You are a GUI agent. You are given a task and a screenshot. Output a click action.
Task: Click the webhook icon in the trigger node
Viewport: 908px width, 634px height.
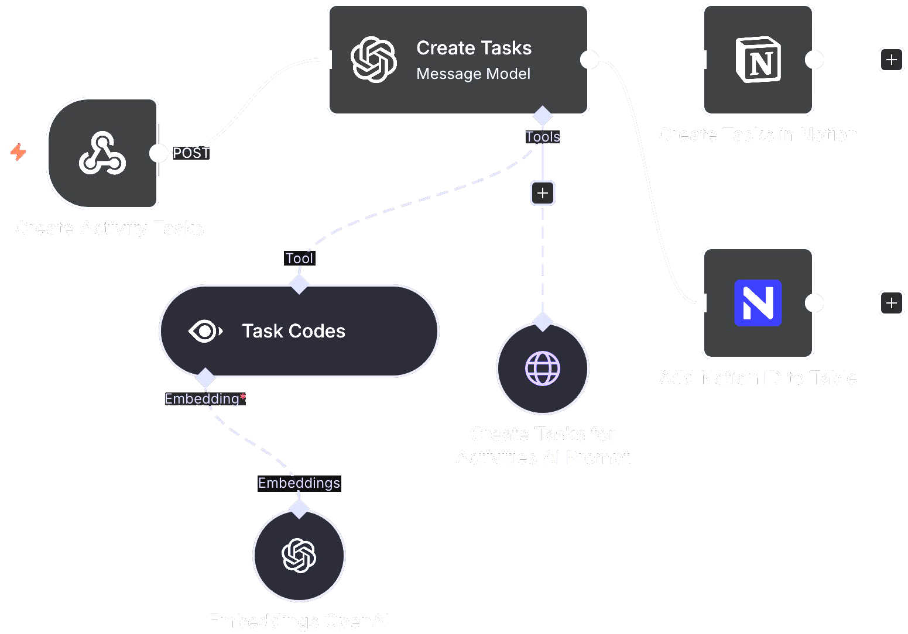(x=102, y=153)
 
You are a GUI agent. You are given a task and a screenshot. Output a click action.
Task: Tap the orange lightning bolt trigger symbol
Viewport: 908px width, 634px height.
(x=19, y=152)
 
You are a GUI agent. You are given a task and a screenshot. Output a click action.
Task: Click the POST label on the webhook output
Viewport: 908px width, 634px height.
(x=191, y=153)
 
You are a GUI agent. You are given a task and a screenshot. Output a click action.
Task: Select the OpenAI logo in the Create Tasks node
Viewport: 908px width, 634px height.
(x=374, y=60)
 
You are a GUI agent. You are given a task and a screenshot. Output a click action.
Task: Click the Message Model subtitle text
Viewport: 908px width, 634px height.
(x=473, y=74)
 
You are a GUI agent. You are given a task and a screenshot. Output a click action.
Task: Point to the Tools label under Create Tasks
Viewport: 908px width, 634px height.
(x=543, y=137)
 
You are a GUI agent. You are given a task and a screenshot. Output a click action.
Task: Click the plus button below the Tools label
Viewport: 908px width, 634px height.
(x=543, y=193)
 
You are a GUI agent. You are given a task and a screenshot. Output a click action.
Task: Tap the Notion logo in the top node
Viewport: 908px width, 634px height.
(x=758, y=60)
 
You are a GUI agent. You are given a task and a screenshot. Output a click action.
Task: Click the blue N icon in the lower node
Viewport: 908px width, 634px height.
(x=758, y=303)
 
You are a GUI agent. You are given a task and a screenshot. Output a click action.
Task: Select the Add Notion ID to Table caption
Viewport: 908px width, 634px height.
(x=758, y=378)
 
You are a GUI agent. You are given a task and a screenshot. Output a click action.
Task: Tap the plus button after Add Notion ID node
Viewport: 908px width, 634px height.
(x=891, y=303)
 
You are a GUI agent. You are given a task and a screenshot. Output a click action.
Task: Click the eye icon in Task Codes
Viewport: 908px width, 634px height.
(x=205, y=331)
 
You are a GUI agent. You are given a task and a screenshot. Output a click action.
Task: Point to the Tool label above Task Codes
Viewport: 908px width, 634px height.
(x=299, y=259)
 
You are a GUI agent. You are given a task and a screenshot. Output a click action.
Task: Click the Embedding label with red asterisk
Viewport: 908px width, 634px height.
(x=205, y=399)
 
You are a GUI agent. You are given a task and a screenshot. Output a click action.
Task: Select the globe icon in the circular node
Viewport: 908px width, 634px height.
(x=543, y=368)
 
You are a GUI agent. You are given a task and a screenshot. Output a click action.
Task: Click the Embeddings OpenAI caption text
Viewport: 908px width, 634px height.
(x=299, y=621)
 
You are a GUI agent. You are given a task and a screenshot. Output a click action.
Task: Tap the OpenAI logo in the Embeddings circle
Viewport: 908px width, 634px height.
(x=299, y=556)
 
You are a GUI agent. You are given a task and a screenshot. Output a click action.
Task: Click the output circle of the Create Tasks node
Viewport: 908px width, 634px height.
(x=589, y=60)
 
